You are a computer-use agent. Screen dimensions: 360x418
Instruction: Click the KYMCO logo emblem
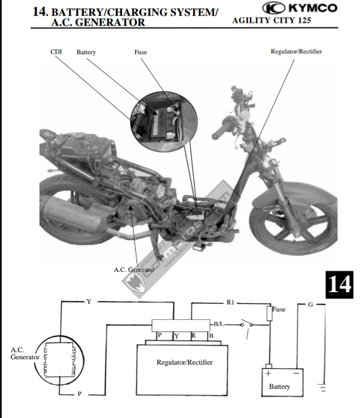(274, 8)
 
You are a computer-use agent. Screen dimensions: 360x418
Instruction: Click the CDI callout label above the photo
(56, 52)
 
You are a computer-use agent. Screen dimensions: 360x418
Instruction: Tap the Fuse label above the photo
(141, 52)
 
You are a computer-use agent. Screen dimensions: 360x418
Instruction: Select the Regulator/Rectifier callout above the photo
(296, 51)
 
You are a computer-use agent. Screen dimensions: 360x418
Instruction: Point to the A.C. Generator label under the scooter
(134, 270)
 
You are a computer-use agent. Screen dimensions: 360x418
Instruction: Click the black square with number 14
(339, 284)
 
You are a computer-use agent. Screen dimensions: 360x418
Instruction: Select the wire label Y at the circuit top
(89, 302)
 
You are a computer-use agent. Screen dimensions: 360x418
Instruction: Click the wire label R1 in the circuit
(230, 302)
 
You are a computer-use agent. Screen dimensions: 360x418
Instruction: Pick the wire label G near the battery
(310, 305)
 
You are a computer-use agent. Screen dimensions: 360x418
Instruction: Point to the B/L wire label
(218, 324)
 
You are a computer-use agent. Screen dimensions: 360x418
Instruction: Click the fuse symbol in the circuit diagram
(269, 313)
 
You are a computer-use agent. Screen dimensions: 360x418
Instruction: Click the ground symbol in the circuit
(322, 388)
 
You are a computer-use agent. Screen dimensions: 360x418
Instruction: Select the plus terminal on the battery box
(268, 373)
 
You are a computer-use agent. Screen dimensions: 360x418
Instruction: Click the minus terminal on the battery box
(296, 373)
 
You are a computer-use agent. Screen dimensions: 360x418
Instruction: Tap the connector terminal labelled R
(193, 336)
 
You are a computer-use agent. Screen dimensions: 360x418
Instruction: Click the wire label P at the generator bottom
(80, 394)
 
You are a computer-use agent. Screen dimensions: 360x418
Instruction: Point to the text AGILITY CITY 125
(271, 21)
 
